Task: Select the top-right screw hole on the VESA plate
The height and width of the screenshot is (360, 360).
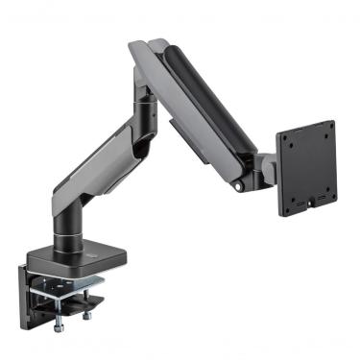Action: coord(324,132)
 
